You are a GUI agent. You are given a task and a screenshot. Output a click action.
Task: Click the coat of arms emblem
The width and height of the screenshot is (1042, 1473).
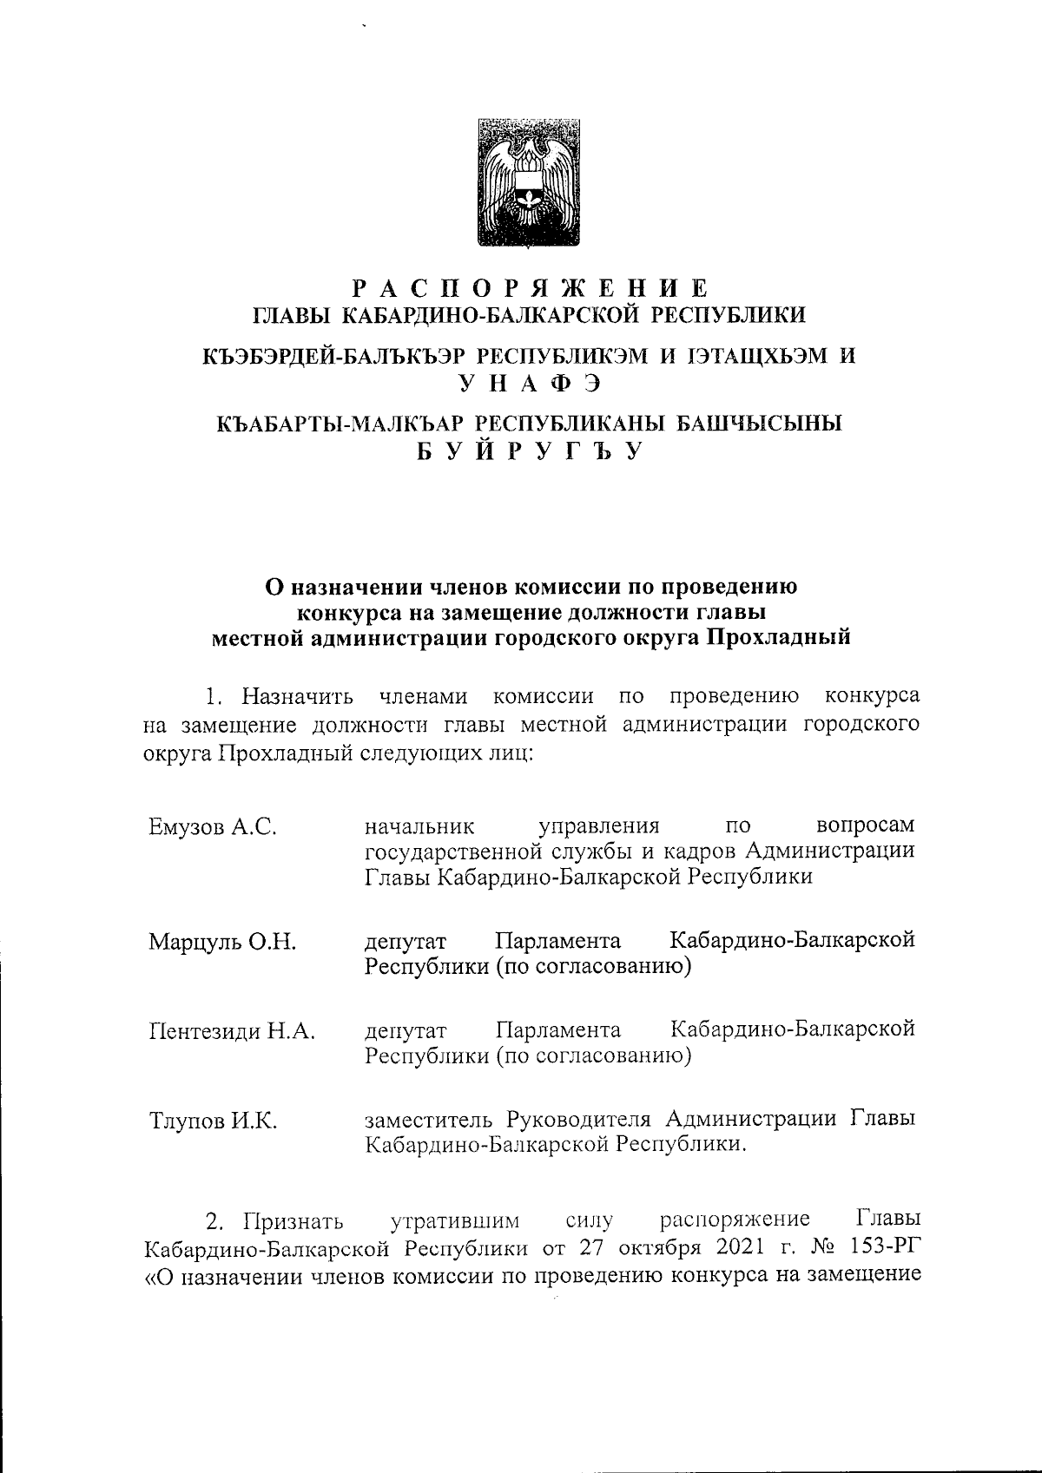point(530,182)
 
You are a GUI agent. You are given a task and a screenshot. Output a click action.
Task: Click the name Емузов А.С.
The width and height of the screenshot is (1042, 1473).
point(213,827)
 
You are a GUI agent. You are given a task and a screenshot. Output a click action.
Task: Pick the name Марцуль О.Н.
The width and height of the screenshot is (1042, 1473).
point(222,942)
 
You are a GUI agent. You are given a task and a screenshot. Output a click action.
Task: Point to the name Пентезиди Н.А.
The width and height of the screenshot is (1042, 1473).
point(232,1032)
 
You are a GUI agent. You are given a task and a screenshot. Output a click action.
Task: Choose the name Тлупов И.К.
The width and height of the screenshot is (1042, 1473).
point(213,1121)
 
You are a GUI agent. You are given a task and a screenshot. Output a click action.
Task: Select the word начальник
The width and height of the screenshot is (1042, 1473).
point(420,825)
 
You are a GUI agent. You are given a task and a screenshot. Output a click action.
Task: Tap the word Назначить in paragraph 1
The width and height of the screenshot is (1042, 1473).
point(298,697)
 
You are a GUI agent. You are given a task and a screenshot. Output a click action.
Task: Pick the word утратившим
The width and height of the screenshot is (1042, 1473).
point(455,1221)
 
